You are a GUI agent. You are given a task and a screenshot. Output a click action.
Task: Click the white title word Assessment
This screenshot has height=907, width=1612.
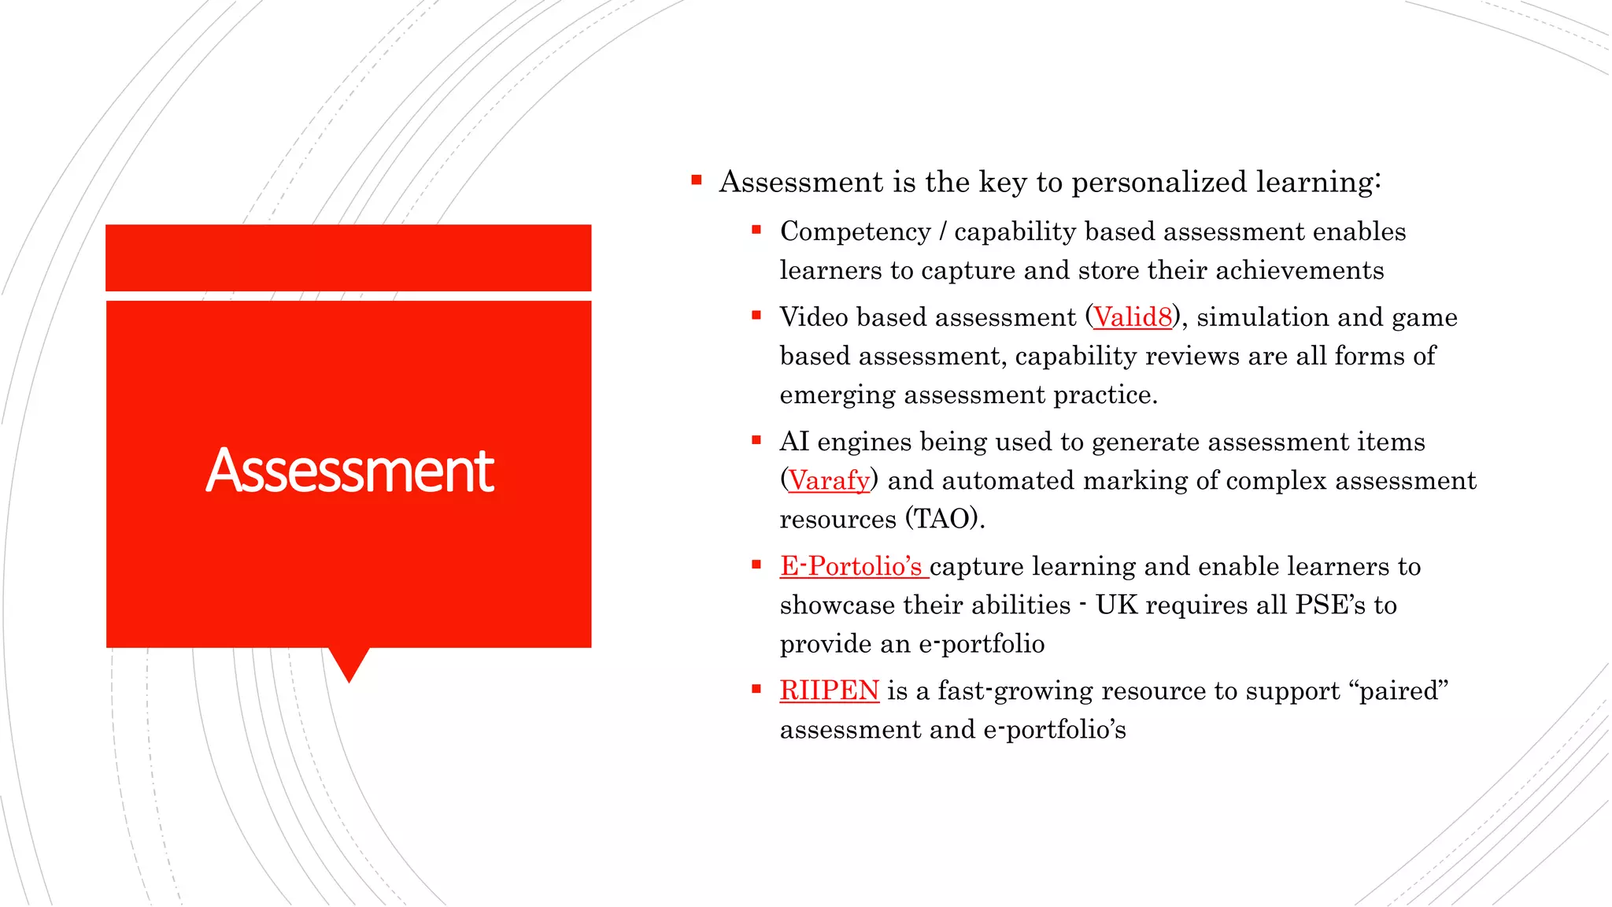[x=349, y=471]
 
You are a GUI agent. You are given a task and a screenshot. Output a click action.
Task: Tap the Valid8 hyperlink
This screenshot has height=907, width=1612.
[x=1133, y=317]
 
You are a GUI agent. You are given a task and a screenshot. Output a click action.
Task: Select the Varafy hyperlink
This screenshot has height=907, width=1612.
[x=829, y=480]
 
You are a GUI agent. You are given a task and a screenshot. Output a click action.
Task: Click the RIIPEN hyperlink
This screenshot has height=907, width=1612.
[x=829, y=690]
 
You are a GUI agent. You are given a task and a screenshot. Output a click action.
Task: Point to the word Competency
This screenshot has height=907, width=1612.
[x=855, y=231]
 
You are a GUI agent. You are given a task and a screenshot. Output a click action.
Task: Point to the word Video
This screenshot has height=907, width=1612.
[x=814, y=317]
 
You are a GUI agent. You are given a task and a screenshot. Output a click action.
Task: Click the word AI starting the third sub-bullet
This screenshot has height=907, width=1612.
[x=794, y=442]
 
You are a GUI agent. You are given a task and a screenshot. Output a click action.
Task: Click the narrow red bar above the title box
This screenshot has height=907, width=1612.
[x=348, y=257]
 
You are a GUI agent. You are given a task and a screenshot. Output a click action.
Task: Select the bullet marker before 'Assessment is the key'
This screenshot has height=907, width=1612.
[x=697, y=180]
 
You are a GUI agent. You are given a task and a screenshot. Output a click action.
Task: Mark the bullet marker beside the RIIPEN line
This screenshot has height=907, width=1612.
[x=756, y=689]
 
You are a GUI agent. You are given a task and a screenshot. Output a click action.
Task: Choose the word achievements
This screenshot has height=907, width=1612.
[x=1300, y=270]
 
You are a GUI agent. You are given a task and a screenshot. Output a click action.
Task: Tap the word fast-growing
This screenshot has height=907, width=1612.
[x=1015, y=690]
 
